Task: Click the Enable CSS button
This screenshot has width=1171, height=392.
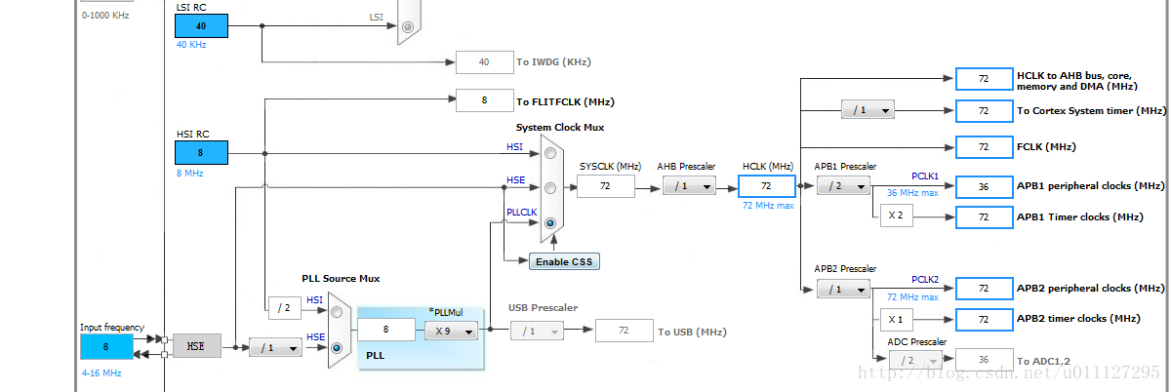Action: [564, 261]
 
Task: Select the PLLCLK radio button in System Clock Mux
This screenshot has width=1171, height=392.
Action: [551, 223]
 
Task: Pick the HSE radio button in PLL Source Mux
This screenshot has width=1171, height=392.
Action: [337, 347]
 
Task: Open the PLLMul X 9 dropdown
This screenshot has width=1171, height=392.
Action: [451, 332]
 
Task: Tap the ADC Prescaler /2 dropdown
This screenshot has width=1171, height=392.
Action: [915, 360]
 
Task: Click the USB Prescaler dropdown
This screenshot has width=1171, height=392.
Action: [537, 332]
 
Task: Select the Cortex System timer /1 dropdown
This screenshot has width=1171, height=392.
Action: [868, 110]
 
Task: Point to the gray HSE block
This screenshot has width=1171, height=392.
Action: [196, 345]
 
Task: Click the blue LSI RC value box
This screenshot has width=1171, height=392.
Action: [201, 26]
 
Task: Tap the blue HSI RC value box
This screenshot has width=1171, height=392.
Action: [201, 152]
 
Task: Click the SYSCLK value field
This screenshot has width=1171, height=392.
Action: [606, 185]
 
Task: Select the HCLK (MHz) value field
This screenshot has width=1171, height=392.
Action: [767, 185]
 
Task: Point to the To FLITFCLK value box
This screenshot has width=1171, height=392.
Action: [484, 99]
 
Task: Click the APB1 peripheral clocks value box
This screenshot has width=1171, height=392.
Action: [984, 185]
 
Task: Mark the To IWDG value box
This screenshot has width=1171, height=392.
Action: [484, 62]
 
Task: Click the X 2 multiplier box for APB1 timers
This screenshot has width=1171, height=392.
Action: [896, 216]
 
